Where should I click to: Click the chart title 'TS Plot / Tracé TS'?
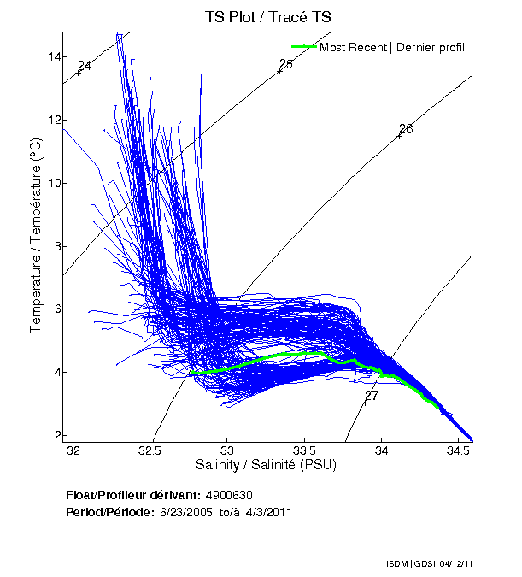pyautogui.click(x=268, y=17)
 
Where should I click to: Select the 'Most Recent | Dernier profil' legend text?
pyautogui.click(x=392, y=47)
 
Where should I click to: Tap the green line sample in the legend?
pyautogui.click(x=304, y=47)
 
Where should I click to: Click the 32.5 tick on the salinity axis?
pyautogui.click(x=150, y=450)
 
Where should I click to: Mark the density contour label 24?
pyautogui.click(x=85, y=66)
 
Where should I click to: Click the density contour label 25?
pyautogui.click(x=286, y=64)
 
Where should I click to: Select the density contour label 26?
pyautogui.click(x=406, y=129)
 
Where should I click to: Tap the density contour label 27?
pyautogui.click(x=371, y=397)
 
